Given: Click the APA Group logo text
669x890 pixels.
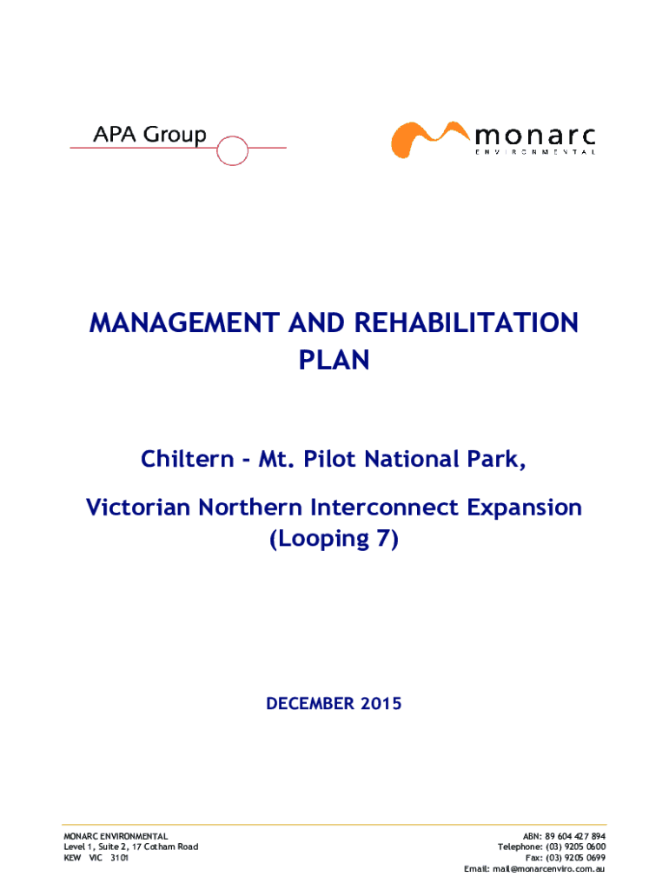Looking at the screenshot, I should point(149,135).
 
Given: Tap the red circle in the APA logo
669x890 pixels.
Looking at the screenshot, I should point(232,150).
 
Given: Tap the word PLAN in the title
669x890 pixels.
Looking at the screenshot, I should point(334,359).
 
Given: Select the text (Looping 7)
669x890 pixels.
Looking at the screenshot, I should point(334,539).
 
